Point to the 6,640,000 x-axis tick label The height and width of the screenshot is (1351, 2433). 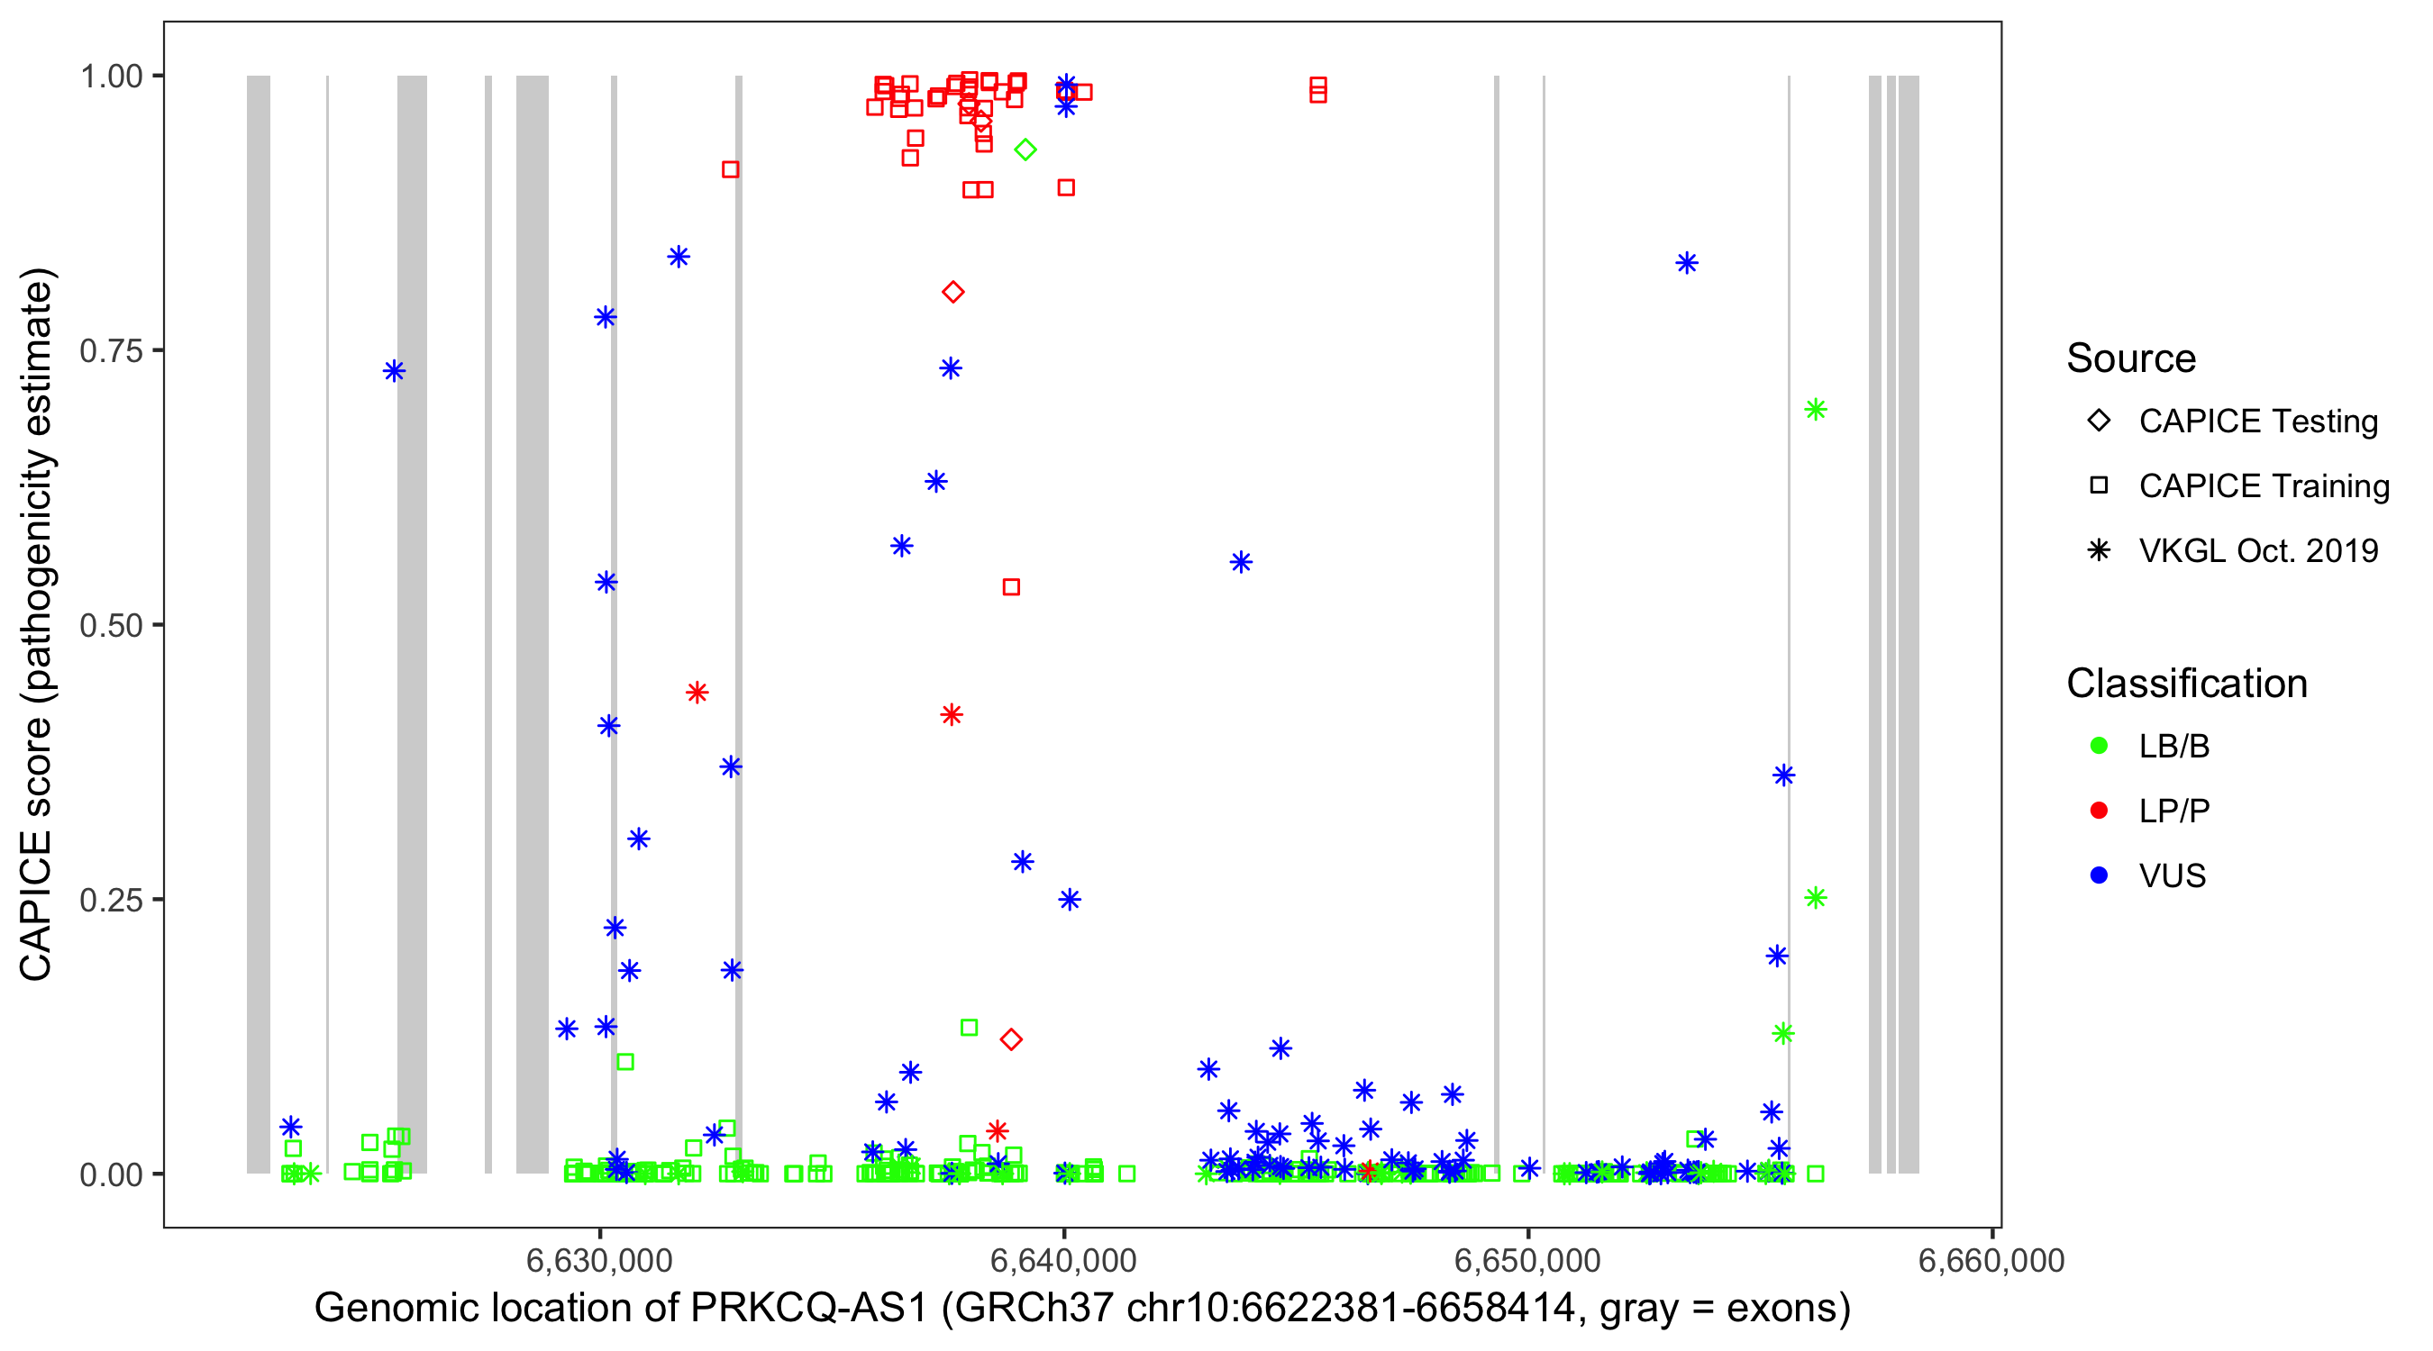tap(1063, 1260)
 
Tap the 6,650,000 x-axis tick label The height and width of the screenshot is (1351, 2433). tap(1527, 1260)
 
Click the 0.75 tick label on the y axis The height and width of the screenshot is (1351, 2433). tap(111, 351)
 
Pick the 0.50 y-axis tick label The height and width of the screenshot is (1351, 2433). tap(111, 625)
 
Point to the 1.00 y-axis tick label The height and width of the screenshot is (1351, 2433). tap(111, 77)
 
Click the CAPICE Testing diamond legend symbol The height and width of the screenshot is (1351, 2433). tap(2099, 422)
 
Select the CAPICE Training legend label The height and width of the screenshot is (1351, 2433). tap(2264, 486)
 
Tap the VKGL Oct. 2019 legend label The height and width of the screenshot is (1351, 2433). tap(2258, 550)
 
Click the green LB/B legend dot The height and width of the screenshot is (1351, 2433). tap(2099, 746)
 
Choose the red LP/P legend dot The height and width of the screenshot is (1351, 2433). tap(2099, 811)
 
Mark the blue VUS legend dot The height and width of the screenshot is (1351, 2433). tap(2099, 875)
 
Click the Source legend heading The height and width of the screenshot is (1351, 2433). tap(2131, 358)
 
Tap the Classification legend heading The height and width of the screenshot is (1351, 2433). tap(2186, 684)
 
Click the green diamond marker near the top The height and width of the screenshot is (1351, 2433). tap(1025, 150)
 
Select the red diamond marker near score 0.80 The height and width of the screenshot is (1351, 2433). tap(953, 293)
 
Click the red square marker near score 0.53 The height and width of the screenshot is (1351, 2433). tap(1011, 587)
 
